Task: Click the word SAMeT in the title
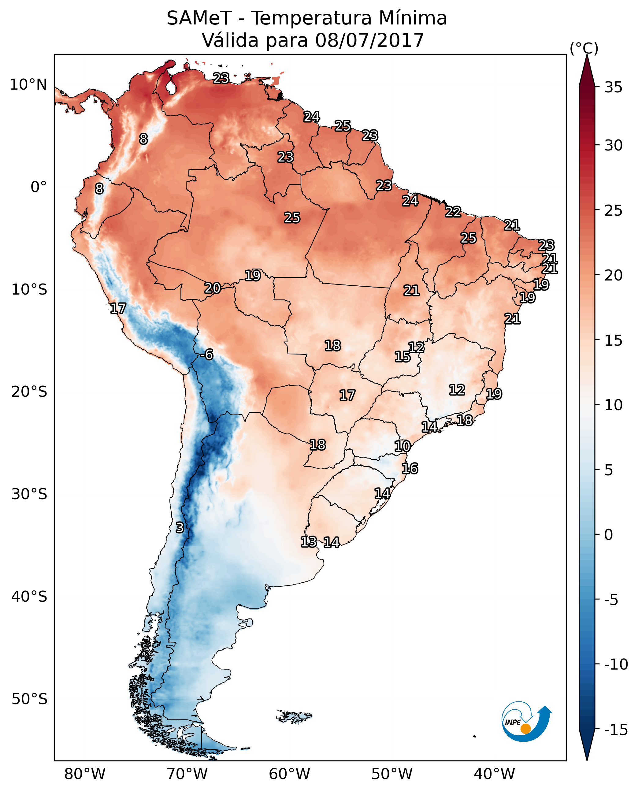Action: tap(199, 18)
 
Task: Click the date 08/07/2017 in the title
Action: tap(369, 40)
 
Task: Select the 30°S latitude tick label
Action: tap(29, 494)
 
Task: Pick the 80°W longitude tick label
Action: tap(85, 774)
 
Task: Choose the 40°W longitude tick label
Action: tap(494, 774)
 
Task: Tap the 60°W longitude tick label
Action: tap(290, 774)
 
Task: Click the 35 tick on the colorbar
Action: tap(613, 87)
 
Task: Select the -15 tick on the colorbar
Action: tap(616, 730)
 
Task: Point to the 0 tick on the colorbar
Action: tap(609, 534)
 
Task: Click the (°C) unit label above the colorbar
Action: tap(584, 48)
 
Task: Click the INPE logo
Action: tap(526, 721)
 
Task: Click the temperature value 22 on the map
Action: tap(453, 212)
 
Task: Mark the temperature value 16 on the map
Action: tap(410, 469)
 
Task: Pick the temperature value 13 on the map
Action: tap(309, 541)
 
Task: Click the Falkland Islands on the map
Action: tap(294, 716)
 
